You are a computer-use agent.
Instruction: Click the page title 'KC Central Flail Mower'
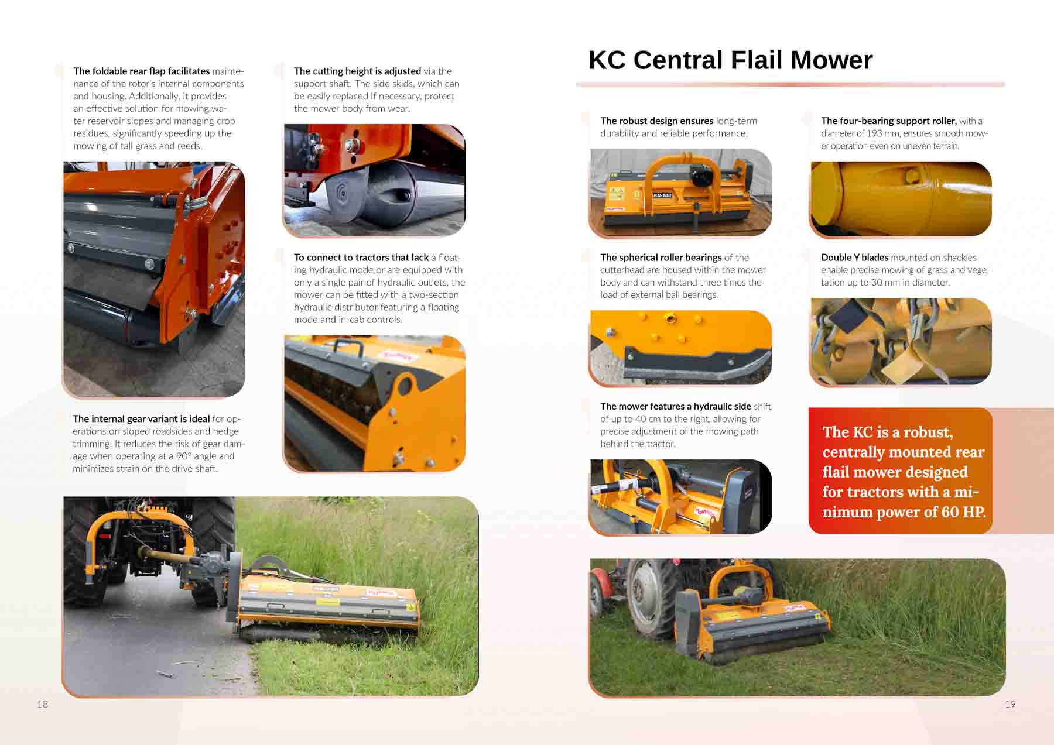click(x=730, y=60)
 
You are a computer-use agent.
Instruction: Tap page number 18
click(x=43, y=704)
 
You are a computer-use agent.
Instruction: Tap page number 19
click(x=1010, y=704)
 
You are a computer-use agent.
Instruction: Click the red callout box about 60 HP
click(x=900, y=471)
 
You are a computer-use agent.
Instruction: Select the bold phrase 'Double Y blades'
click(x=854, y=258)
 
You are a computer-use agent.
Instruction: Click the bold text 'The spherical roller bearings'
click(x=661, y=258)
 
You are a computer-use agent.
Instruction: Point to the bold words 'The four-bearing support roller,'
click(x=888, y=121)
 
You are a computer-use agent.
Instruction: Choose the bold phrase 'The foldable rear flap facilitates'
click(x=141, y=71)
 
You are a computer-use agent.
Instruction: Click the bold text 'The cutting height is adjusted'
click(x=357, y=71)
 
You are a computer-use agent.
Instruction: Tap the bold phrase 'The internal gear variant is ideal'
click(x=141, y=418)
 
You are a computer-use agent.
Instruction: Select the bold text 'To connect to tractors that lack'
click(x=361, y=258)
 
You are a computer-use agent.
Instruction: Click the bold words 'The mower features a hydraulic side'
click(x=675, y=406)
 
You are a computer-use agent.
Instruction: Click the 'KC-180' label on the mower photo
click(x=662, y=195)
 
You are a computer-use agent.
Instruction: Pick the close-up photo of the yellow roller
click(x=901, y=199)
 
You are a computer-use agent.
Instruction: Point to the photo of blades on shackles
click(x=901, y=341)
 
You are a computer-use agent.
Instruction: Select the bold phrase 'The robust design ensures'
click(x=656, y=121)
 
